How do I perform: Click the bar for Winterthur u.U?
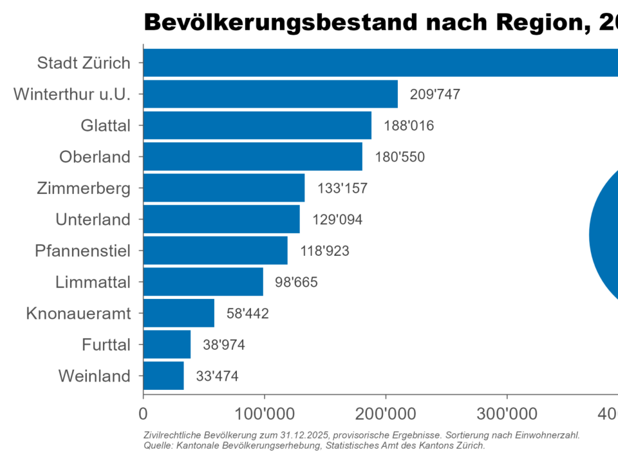[x=270, y=94]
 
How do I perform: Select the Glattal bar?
[x=257, y=125]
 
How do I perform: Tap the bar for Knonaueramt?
[x=178, y=313]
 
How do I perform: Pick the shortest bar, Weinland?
[x=164, y=376]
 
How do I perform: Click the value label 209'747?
[x=435, y=95]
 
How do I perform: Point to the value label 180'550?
[x=400, y=157]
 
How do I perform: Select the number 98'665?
[x=296, y=282]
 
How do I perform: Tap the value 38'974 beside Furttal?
[x=224, y=345]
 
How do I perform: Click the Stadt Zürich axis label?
[x=84, y=63]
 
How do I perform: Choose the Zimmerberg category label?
[x=84, y=188]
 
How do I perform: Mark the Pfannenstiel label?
[x=82, y=251]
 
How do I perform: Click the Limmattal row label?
[x=93, y=282]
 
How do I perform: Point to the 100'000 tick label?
[x=264, y=412]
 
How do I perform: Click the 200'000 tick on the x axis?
[x=386, y=412]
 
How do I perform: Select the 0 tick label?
[x=143, y=412]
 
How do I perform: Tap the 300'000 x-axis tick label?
[x=507, y=412]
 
